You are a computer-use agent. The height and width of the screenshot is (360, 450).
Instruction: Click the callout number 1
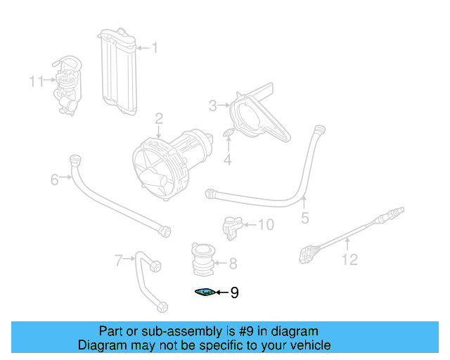[x=155, y=48]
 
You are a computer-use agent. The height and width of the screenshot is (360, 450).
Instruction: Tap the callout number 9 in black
[x=234, y=292]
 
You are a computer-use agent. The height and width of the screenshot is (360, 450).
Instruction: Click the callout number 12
[x=349, y=260]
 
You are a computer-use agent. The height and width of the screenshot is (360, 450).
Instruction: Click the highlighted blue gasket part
[x=204, y=292]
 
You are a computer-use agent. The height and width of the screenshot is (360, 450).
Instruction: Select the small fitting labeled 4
[x=228, y=133]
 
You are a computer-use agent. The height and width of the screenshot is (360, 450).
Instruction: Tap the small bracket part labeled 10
[x=231, y=226]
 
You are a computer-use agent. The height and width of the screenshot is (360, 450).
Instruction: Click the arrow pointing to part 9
[x=221, y=292]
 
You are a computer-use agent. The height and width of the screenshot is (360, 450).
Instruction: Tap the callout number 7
[x=119, y=261]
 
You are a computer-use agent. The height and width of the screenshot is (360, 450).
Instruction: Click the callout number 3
[x=213, y=106]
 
